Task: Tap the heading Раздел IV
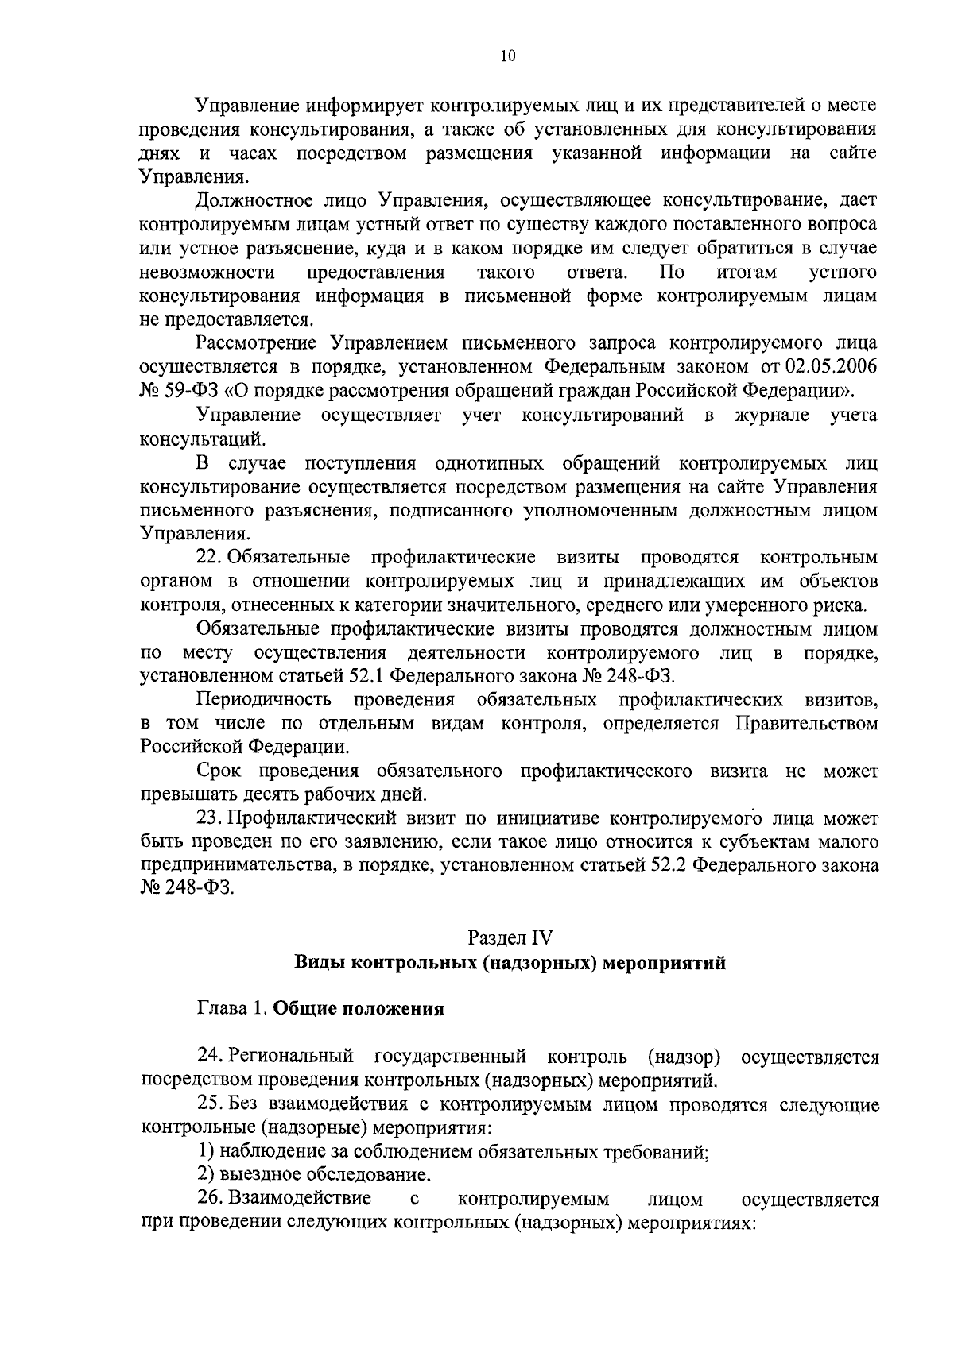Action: (510, 937)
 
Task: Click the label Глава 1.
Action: (231, 1010)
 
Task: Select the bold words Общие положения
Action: (358, 1010)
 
